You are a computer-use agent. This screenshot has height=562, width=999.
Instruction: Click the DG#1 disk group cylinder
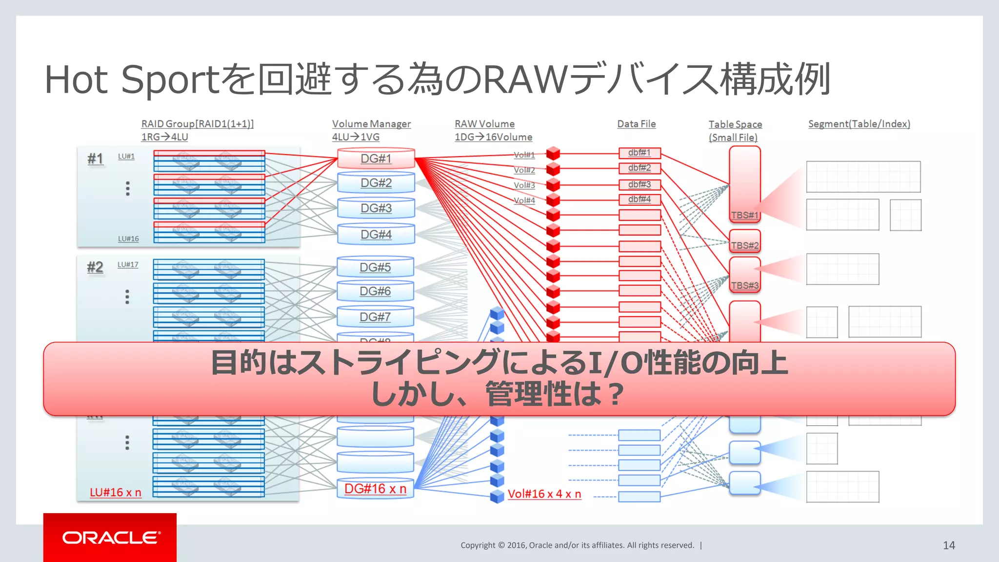click(x=376, y=159)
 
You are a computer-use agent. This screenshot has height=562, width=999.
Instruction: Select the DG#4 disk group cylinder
click(x=376, y=235)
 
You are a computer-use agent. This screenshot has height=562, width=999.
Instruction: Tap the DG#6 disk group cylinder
click(x=375, y=291)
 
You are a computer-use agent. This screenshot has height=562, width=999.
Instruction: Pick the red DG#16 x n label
click(x=375, y=489)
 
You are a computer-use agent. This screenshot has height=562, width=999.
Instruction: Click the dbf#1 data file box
click(x=639, y=153)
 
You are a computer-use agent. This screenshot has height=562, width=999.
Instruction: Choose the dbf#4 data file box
click(x=639, y=199)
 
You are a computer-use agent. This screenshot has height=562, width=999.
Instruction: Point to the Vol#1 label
click(x=524, y=155)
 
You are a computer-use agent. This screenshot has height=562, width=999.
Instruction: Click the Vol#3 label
click(x=524, y=185)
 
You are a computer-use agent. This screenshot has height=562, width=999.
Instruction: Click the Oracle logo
click(x=110, y=538)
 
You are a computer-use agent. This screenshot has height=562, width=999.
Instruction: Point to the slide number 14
click(x=949, y=545)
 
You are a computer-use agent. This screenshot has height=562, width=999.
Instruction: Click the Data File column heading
click(x=636, y=124)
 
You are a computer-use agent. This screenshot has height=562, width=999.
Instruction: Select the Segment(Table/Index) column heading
click(x=859, y=124)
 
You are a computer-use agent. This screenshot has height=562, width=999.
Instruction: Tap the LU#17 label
click(x=128, y=264)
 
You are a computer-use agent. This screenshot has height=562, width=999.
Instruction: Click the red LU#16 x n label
click(x=116, y=493)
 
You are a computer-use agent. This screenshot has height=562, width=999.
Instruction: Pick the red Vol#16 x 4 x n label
click(x=544, y=494)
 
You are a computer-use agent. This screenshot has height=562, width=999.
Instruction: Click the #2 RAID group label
click(x=95, y=267)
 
